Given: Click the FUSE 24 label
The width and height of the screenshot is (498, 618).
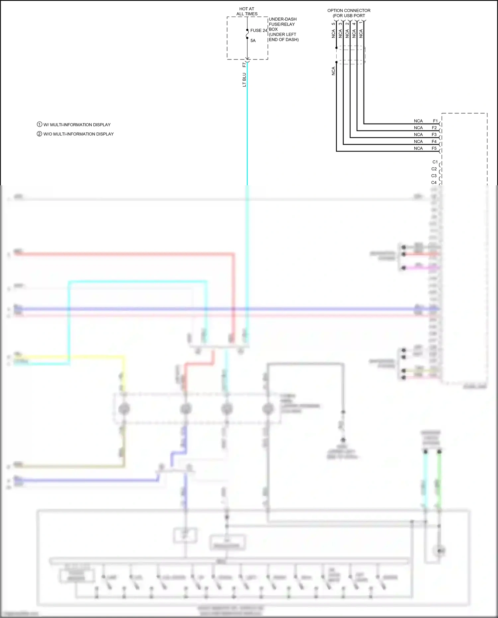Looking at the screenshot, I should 259,31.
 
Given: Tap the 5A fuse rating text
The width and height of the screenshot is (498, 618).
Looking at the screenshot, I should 253,41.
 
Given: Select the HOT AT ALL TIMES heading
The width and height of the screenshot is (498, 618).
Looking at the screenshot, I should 247,12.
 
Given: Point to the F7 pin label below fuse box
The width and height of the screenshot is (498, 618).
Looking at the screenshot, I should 244,64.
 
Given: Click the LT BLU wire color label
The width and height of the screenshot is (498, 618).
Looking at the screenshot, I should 244,80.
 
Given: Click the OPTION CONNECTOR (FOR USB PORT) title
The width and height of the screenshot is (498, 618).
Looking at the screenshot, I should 349,13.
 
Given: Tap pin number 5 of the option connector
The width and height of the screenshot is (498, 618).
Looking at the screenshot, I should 333,24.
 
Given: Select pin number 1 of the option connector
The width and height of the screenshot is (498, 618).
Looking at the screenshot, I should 361,24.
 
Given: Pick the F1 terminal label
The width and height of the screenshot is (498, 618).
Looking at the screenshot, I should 435,121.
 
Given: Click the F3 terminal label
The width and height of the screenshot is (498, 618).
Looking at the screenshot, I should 434,134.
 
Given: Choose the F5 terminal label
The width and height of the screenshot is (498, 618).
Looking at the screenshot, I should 434,148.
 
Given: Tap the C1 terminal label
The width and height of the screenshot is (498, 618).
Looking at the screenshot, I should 435,162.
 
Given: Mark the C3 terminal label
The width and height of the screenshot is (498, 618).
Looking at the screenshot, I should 434,176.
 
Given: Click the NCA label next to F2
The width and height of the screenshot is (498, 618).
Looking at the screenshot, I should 418,128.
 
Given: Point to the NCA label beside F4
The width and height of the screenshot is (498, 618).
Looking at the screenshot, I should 418,141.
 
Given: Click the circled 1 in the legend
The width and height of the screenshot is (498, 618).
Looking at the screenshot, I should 40,125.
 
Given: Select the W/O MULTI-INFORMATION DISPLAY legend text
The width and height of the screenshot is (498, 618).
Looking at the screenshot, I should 78,134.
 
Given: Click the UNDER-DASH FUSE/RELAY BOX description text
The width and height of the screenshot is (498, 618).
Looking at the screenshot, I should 284,29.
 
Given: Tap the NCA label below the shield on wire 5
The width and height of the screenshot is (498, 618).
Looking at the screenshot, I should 333,71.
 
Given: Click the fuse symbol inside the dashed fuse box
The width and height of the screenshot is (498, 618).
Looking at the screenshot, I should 247,34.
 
